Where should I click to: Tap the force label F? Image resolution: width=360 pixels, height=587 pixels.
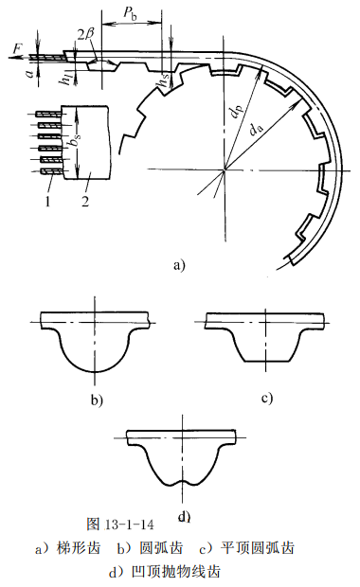coord(18,48)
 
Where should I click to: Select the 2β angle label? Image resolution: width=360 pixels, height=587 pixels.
coord(85,36)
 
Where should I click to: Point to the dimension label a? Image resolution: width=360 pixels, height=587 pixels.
coord(28,72)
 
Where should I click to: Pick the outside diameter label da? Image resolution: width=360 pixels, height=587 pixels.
coord(257,130)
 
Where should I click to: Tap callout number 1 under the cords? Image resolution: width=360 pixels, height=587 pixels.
coord(47,202)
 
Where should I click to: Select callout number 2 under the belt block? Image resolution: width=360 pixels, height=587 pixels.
coord(85,202)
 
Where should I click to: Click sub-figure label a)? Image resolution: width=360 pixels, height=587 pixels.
coord(179,265)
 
